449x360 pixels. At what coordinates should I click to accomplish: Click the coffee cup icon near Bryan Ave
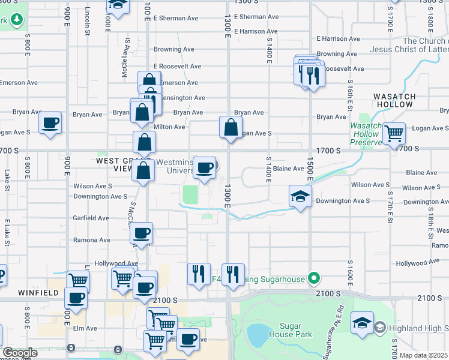pyautogui.click(x=50, y=123)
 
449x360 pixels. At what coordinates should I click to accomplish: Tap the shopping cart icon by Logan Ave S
pyautogui.click(x=394, y=134)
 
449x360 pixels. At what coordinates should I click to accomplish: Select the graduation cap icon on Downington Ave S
pyautogui.click(x=300, y=196)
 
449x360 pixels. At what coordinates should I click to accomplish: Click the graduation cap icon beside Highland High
pyautogui.click(x=362, y=323)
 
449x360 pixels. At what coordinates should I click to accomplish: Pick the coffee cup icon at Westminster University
pyautogui.click(x=204, y=167)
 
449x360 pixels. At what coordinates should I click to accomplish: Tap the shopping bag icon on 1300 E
pyautogui.click(x=231, y=127)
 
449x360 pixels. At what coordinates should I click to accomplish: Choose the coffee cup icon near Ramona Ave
pyautogui.click(x=142, y=233)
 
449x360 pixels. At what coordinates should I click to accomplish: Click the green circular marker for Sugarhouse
pyautogui.click(x=312, y=278)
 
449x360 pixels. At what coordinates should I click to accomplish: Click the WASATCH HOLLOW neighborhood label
pyautogui.click(x=394, y=100)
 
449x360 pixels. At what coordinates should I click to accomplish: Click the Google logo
pyautogui.click(x=20, y=353)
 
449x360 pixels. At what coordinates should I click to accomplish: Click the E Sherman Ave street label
pyautogui.click(x=256, y=17)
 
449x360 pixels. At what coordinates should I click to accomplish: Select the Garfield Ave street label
pyautogui.click(x=91, y=218)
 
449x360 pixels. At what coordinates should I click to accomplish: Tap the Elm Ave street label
pyautogui.click(x=85, y=328)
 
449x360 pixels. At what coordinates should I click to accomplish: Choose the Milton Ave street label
pyautogui.click(x=170, y=127)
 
